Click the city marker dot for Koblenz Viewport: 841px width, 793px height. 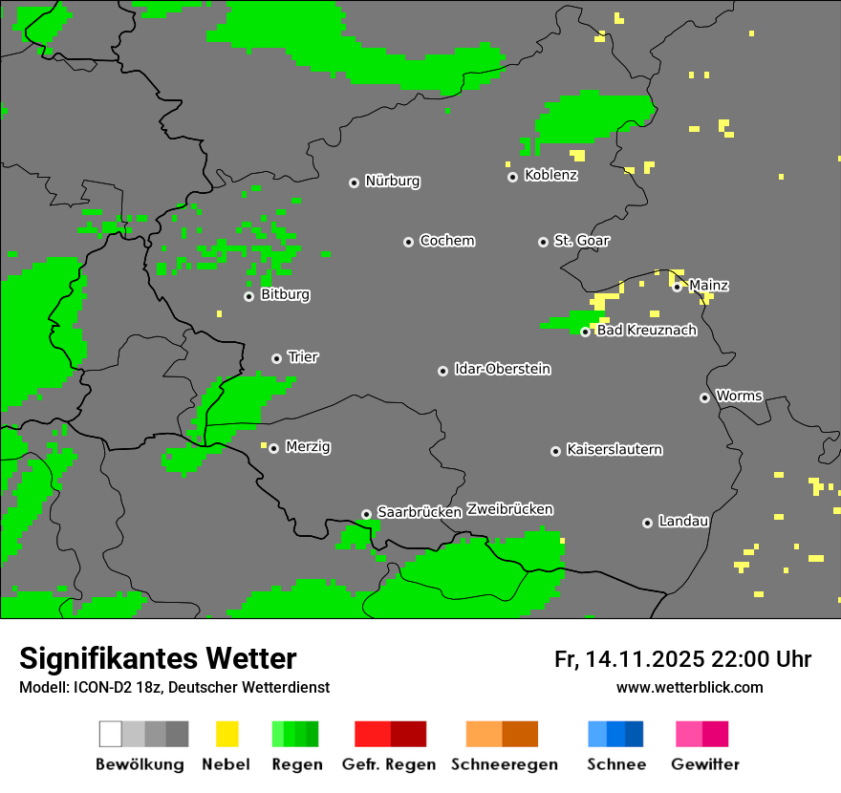pyautogui.click(x=512, y=177)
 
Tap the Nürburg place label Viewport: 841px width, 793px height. pyautogui.click(x=393, y=181)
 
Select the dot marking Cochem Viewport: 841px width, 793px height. pyautogui.click(x=408, y=242)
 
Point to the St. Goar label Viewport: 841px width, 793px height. pyautogui.click(x=581, y=241)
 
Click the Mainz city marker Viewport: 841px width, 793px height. pyautogui.click(x=677, y=287)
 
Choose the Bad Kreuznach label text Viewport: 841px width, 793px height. pyautogui.click(x=646, y=331)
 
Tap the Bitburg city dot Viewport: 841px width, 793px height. pyautogui.click(x=248, y=296)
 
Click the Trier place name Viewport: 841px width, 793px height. pyautogui.click(x=303, y=357)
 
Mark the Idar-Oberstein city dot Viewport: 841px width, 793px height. pyautogui.click(x=442, y=371)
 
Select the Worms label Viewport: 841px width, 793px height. pyautogui.click(x=739, y=396)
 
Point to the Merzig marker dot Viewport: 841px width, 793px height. pyautogui.click(x=273, y=448)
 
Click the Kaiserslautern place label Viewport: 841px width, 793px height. pyautogui.click(x=614, y=449)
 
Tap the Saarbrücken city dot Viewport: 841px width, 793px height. pyautogui.click(x=366, y=514)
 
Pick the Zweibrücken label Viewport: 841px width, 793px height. pyautogui.click(x=509, y=509)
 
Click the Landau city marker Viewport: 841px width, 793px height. pyautogui.click(x=647, y=523)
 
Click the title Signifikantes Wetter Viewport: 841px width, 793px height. pyautogui.click(x=158, y=658)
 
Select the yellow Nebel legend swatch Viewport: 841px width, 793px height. pyautogui.click(x=226, y=734)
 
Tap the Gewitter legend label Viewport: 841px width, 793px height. pyautogui.click(x=704, y=764)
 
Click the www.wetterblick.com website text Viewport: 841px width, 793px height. pyautogui.click(x=689, y=688)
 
